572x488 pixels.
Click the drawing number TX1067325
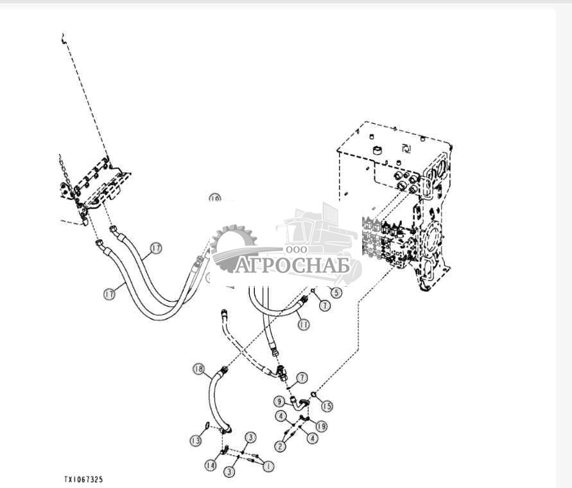pos(83,479)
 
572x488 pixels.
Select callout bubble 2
pos(280,446)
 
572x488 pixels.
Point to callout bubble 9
pos(279,401)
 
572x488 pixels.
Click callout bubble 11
pos(303,325)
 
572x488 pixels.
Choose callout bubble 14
pos(211,464)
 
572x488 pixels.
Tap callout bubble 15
pos(328,406)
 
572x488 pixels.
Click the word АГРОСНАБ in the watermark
pos(291,265)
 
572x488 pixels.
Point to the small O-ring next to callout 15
pos(313,394)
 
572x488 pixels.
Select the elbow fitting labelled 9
pos(299,403)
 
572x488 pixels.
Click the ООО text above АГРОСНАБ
pos(297,249)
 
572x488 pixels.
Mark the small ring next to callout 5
pos(313,290)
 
